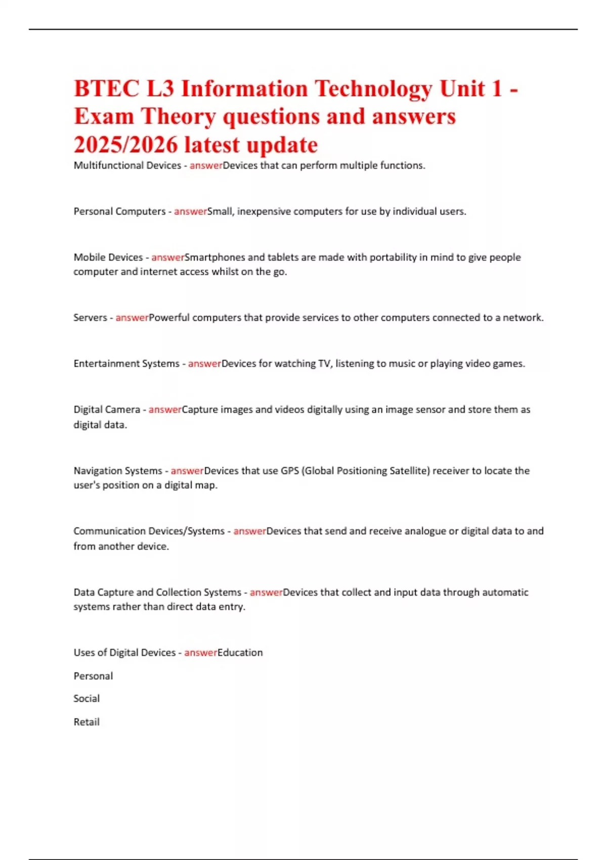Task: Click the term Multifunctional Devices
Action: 127,165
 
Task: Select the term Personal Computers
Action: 119,211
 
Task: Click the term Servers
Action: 90,318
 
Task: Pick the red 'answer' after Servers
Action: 132,318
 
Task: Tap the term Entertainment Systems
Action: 126,364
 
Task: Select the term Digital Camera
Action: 107,409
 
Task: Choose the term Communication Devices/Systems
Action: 149,531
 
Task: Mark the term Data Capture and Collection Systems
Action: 157,592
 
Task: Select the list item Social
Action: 86,699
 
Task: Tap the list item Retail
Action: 86,722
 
